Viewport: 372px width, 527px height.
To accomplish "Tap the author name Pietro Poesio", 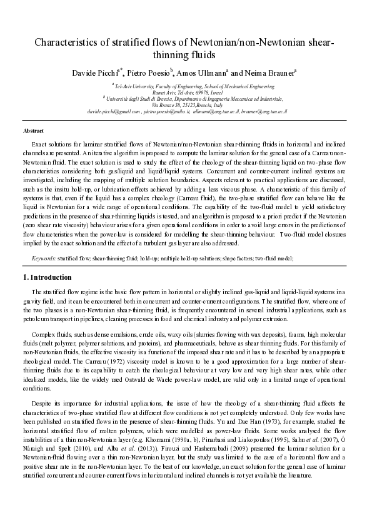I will coord(149,73).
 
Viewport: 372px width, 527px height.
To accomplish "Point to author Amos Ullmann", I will coord(201,73).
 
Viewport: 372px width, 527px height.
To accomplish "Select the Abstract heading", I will coord(33,131).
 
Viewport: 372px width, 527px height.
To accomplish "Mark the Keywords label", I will coord(44,257).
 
